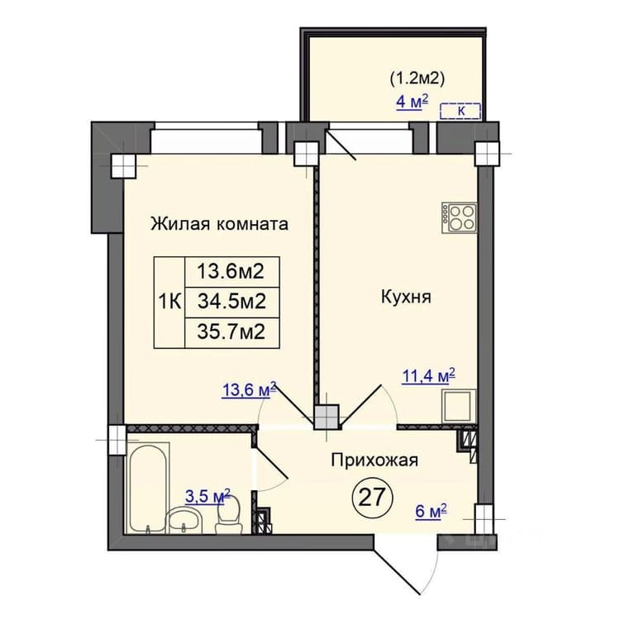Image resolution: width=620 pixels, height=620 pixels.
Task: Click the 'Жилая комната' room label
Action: tap(219, 224)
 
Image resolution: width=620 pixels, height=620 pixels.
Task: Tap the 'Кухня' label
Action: tap(406, 297)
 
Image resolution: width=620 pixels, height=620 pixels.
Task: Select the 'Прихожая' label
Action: tap(374, 460)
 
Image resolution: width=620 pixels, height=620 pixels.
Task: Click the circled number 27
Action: tap(372, 497)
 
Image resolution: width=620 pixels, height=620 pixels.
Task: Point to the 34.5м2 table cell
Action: tap(232, 302)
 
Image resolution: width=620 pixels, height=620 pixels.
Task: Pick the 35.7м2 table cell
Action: tap(232, 332)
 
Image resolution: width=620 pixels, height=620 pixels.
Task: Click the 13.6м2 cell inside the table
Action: tap(232, 272)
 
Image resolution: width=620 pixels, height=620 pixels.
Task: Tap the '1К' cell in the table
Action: tap(169, 303)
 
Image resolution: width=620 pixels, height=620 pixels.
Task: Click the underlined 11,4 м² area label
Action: tap(428, 376)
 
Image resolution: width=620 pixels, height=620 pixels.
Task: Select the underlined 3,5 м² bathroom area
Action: tap(207, 496)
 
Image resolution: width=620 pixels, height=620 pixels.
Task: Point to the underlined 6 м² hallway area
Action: tap(431, 512)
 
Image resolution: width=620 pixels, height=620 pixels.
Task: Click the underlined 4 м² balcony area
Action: tap(413, 102)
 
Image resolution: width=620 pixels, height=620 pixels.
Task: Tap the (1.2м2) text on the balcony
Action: tap(417, 79)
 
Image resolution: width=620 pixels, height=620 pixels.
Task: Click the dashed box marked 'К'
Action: tap(460, 111)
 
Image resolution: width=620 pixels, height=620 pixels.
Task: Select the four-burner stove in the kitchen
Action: tap(460, 217)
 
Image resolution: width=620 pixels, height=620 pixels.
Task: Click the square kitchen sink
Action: tap(460, 406)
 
